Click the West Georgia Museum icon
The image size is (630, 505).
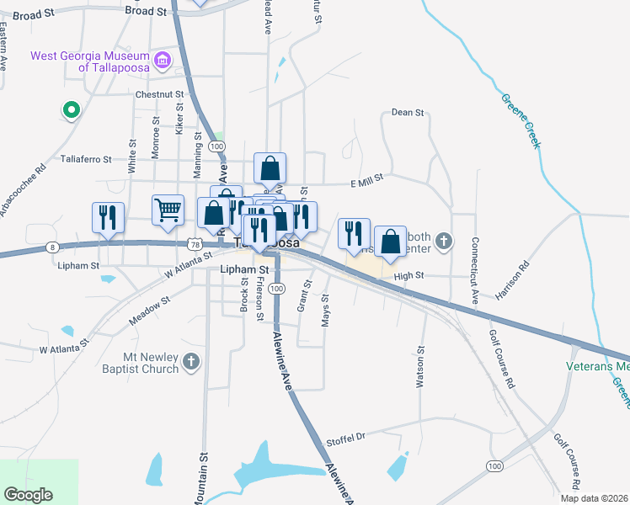click(162, 60)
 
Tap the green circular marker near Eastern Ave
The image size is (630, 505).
click(72, 109)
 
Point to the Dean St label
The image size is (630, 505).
click(408, 112)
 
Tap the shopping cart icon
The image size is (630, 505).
click(168, 210)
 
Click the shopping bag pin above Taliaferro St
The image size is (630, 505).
click(270, 168)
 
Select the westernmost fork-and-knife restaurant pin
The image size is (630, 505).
click(108, 217)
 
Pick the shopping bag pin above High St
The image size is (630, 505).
click(391, 242)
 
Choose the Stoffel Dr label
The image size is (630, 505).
click(347, 439)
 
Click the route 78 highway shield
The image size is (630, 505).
click(195, 244)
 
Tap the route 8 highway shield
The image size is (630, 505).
click(53, 247)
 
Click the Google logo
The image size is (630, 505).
click(28, 494)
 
